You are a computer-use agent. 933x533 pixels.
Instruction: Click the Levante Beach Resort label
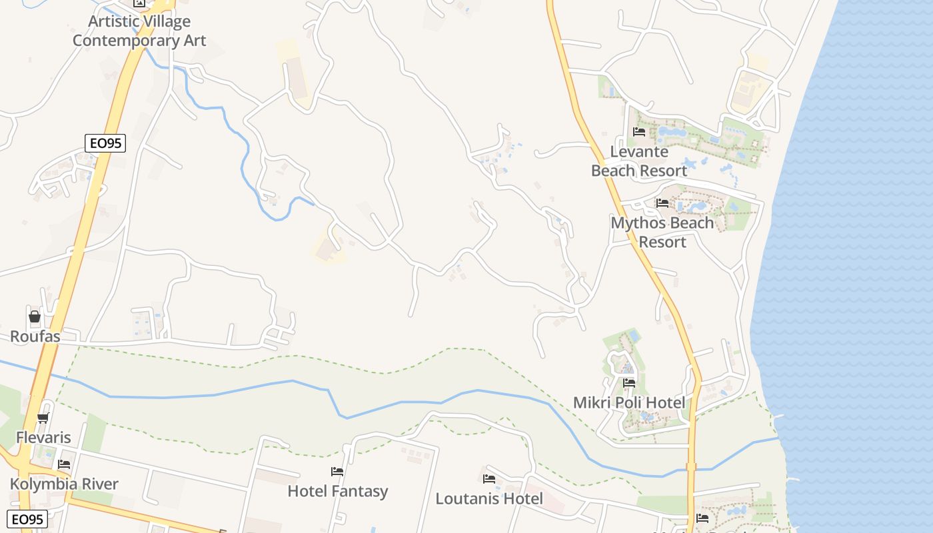tap(639, 161)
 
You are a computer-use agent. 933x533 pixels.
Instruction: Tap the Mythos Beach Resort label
tap(662, 232)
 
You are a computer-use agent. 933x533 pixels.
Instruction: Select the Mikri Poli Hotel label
tap(629, 402)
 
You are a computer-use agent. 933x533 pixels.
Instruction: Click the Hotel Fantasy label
tap(338, 491)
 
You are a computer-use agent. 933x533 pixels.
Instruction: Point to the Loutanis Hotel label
tap(489, 498)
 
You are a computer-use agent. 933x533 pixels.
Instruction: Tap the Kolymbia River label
tap(64, 484)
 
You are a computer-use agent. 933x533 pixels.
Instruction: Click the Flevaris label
tap(43, 438)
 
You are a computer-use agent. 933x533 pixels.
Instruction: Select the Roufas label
tap(35, 336)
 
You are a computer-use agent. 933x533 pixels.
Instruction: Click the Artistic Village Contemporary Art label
tap(139, 31)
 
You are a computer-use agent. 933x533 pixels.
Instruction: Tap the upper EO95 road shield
tap(105, 143)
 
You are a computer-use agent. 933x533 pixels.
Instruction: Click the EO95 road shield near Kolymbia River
tap(27, 519)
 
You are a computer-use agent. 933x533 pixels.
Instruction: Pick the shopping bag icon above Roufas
tap(35, 316)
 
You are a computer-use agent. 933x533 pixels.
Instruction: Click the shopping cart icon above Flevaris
tap(43, 418)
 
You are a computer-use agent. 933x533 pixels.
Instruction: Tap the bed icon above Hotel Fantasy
tap(337, 472)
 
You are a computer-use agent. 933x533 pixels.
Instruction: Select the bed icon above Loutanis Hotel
tap(489, 479)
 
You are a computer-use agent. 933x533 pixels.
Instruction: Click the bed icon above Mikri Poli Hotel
tap(629, 383)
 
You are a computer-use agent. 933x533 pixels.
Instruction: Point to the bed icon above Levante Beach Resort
tap(639, 132)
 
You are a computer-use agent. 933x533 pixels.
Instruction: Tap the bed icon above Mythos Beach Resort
tap(662, 203)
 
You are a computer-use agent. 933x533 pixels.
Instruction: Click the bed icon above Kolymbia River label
tap(64, 464)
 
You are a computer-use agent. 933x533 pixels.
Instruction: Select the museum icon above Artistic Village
tap(139, 3)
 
